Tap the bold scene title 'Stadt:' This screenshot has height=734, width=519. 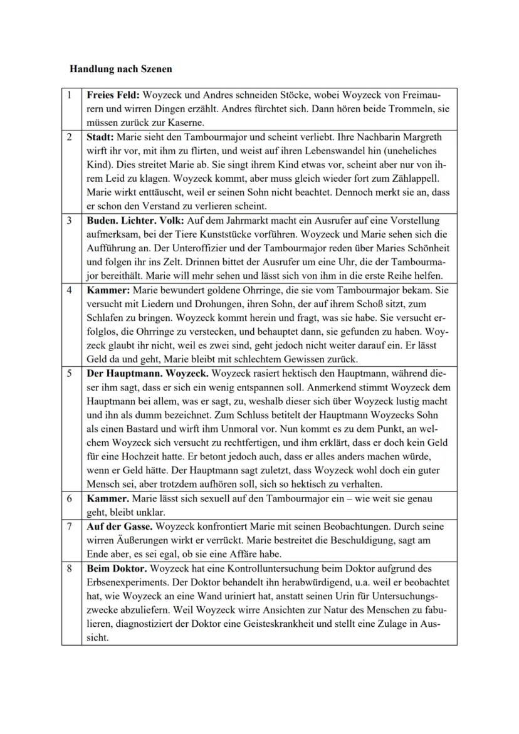pos(100,137)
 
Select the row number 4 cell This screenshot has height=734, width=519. pos(71,291)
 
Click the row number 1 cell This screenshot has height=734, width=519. pos(71,95)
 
